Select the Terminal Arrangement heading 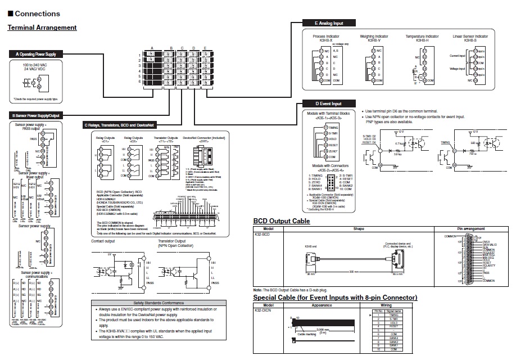(42, 28)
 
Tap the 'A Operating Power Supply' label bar (36, 54)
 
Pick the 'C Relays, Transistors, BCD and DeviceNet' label (122, 125)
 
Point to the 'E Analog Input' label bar (329, 24)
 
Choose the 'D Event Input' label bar (329, 103)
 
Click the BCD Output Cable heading (282, 221)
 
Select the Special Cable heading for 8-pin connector (335, 298)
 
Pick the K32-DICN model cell (263, 310)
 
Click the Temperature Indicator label (422, 36)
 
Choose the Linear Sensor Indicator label (470, 36)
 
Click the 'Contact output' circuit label (103, 241)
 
